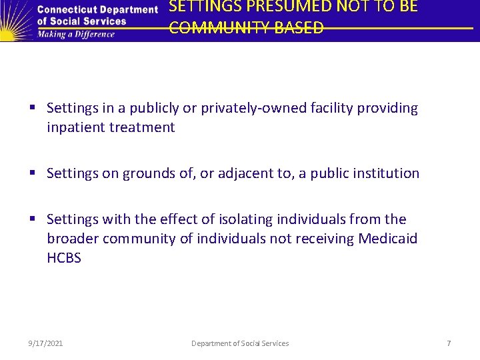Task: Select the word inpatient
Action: [x=74, y=127]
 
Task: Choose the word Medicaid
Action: [x=388, y=239]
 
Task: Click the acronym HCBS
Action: [x=64, y=258]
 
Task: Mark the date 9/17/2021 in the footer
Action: [x=46, y=343]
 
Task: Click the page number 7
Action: [x=449, y=343]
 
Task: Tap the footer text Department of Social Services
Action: [x=240, y=343]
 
